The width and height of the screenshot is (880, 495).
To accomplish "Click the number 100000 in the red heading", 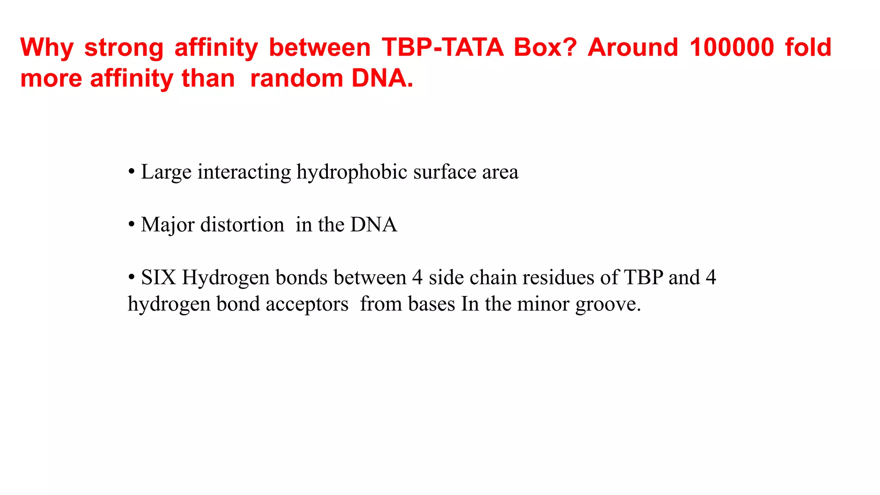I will click(732, 47).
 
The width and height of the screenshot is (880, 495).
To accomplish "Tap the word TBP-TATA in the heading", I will click(443, 47).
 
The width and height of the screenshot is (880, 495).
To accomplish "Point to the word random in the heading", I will click(296, 79).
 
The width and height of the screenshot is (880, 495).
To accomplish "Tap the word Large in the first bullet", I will click(166, 172).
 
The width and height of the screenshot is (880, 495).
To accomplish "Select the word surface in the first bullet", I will click(445, 172).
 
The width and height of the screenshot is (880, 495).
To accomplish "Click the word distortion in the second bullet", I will click(242, 225).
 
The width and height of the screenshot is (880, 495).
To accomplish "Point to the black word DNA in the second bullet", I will click(374, 225).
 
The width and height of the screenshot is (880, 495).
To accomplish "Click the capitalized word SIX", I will click(159, 278).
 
